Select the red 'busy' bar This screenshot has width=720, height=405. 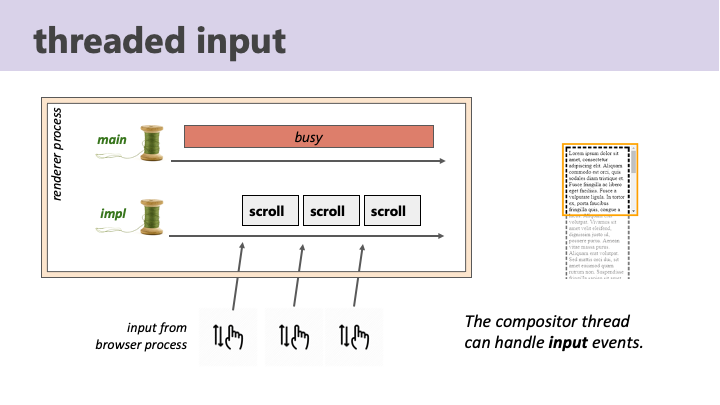pos(308,137)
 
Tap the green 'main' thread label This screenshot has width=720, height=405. pos(111,139)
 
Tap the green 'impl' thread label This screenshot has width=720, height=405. pos(113,213)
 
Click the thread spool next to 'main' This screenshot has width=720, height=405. pos(151,142)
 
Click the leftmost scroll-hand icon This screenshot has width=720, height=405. pos(228,336)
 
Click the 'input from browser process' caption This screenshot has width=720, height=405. pos(141,336)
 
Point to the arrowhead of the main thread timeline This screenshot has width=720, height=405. pos(441,160)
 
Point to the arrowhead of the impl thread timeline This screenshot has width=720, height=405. pos(441,236)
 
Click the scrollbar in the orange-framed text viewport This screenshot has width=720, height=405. pos(633,180)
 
